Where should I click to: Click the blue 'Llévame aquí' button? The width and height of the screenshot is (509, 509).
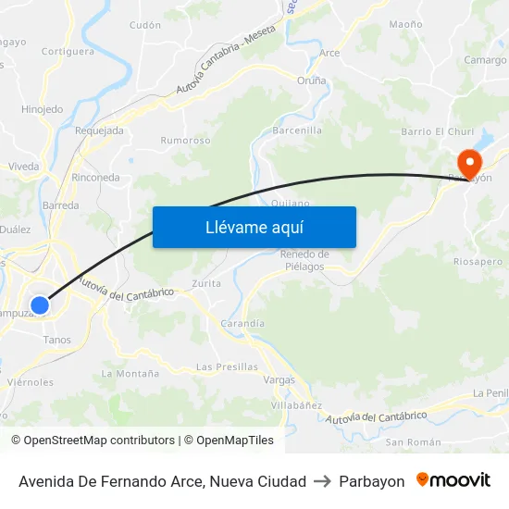point(254,227)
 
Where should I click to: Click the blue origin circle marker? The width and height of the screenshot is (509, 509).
point(40,304)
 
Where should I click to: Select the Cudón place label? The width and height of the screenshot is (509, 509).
point(145,26)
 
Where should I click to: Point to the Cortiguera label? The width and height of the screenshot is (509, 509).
point(68,52)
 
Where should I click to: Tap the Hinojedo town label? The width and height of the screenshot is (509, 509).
point(42,109)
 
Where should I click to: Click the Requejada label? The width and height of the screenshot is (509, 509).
point(99,131)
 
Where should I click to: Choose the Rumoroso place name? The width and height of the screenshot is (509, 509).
point(185,141)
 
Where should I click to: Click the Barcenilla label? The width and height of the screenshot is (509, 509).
point(297,131)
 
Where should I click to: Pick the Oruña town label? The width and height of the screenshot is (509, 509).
point(311,81)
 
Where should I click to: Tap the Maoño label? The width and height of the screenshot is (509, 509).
point(406,24)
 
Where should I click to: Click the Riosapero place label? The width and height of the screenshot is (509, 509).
point(478,262)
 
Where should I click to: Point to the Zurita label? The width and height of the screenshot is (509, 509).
point(205,283)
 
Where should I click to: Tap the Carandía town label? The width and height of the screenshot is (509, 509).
point(242,324)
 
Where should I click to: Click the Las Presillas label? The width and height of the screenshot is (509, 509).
point(228,366)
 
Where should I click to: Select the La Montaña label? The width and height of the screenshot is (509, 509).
point(130,374)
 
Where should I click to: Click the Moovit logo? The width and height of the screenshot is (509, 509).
point(453,480)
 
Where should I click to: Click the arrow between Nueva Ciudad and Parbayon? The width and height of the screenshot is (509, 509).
point(323,481)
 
